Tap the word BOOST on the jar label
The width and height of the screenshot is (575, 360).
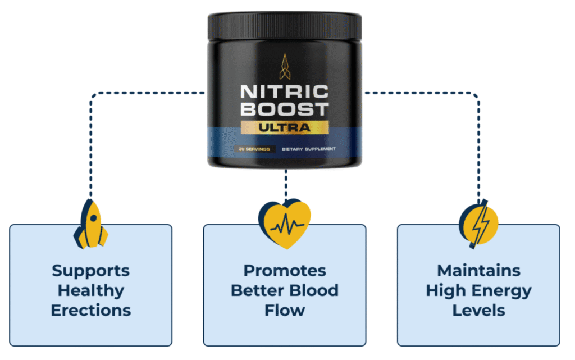point(284,108)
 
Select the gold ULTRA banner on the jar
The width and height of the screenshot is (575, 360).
point(284,127)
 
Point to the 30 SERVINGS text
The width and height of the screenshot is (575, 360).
point(253,149)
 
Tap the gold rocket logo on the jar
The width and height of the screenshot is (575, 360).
point(284,65)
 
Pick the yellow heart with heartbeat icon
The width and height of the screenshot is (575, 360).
point(284,224)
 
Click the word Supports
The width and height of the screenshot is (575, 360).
point(90,271)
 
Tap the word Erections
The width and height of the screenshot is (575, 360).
point(90,309)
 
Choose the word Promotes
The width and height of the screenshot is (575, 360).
point(284,271)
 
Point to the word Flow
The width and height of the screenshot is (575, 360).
point(284,309)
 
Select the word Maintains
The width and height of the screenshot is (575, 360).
point(478,271)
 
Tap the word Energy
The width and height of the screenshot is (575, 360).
point(503,290)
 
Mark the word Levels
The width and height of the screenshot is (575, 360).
point(478,309)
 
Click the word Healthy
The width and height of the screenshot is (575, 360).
point(90,290)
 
